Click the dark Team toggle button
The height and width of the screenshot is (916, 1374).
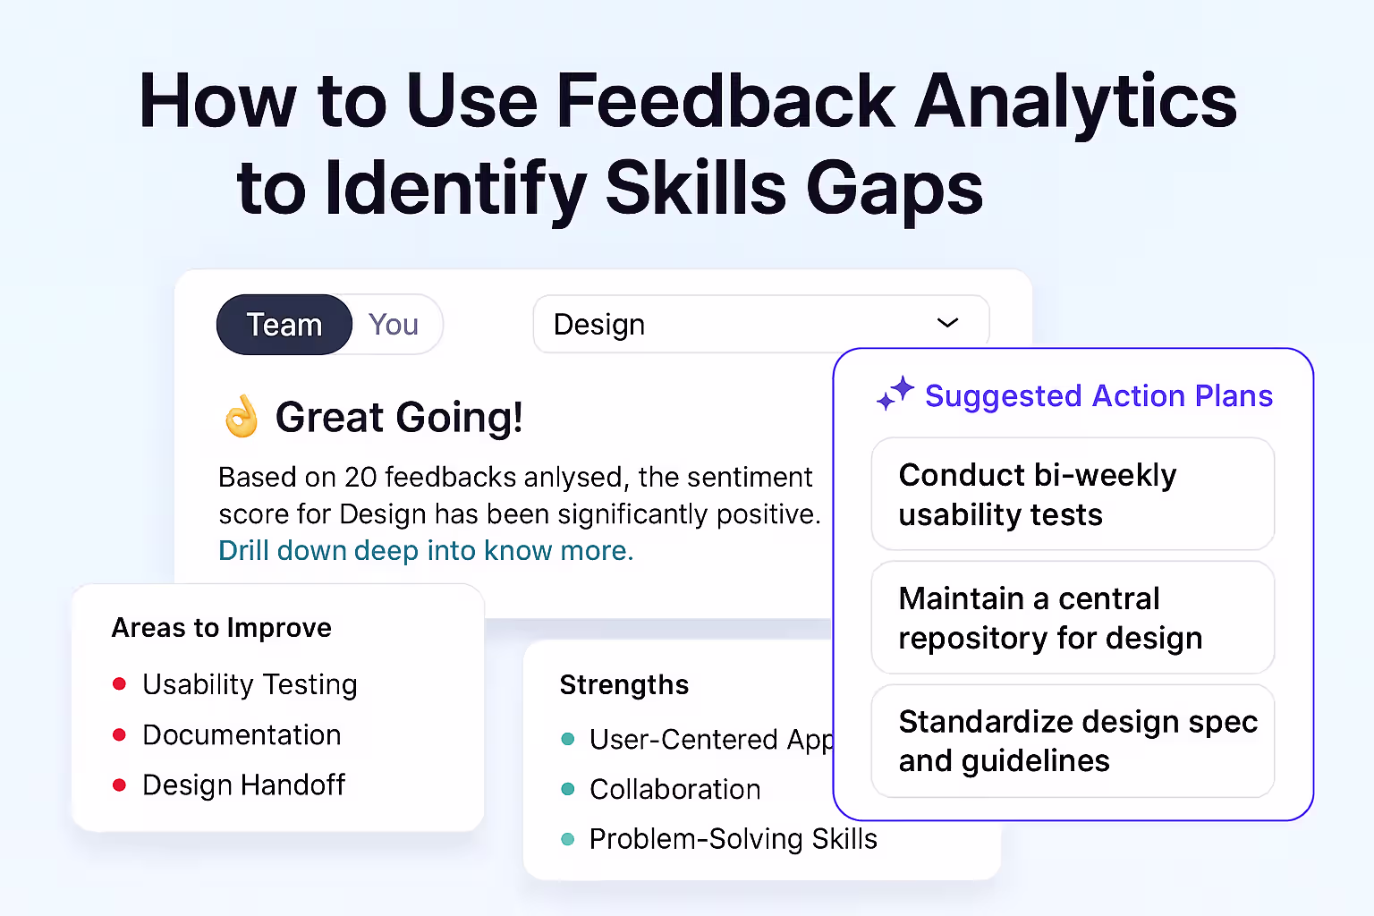pos(284,325)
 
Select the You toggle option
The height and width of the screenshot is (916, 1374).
pos(394,325)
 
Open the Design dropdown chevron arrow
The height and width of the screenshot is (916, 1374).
pos(947,323)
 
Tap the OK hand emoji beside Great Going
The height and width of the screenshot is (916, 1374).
pos(242,417)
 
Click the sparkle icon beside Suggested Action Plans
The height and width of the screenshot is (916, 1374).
pos(895,393)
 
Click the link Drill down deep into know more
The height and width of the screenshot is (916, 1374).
pos(426,550)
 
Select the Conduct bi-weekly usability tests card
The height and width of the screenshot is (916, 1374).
pos(1073,494)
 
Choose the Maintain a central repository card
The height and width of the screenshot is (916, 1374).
pos(1073,617)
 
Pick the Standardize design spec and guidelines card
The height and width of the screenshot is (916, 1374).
pos(1073,741)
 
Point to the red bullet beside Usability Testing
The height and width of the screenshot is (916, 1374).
pos(119,684)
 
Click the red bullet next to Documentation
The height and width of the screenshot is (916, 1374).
pos(119,734)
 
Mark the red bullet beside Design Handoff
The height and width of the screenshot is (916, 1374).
pos(119,785)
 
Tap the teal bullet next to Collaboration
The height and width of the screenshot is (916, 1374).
pos(567,789)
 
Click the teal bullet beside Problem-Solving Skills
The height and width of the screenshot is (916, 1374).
pos(567,839)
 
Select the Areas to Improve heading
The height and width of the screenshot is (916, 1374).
pos(221,628)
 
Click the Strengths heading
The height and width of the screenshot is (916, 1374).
pos(623,685)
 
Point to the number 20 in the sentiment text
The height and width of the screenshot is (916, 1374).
pos(360,477)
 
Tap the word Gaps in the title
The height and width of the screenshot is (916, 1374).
pos(894,189)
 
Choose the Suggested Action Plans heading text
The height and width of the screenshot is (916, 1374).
pos(1098,395)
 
